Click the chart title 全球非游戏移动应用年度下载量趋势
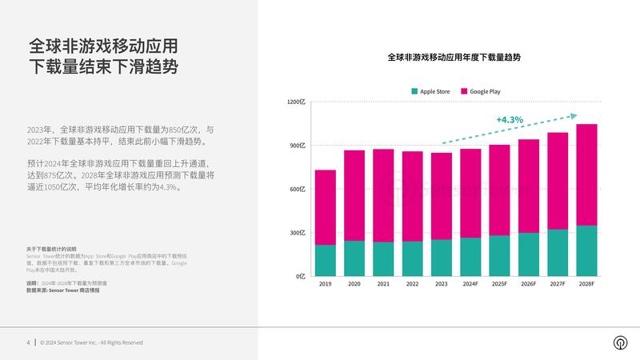454,58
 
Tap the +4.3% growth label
509,120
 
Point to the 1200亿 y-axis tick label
296,102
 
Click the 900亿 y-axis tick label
297,146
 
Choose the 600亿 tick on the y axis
297,190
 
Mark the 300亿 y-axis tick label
297,233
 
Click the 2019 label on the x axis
325,284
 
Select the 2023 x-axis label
441,284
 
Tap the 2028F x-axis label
586,284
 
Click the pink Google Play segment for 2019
325,207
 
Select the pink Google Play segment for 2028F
586,174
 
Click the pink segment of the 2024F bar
470,193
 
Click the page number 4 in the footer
28,342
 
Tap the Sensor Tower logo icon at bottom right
618,342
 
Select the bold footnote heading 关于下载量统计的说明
50,249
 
